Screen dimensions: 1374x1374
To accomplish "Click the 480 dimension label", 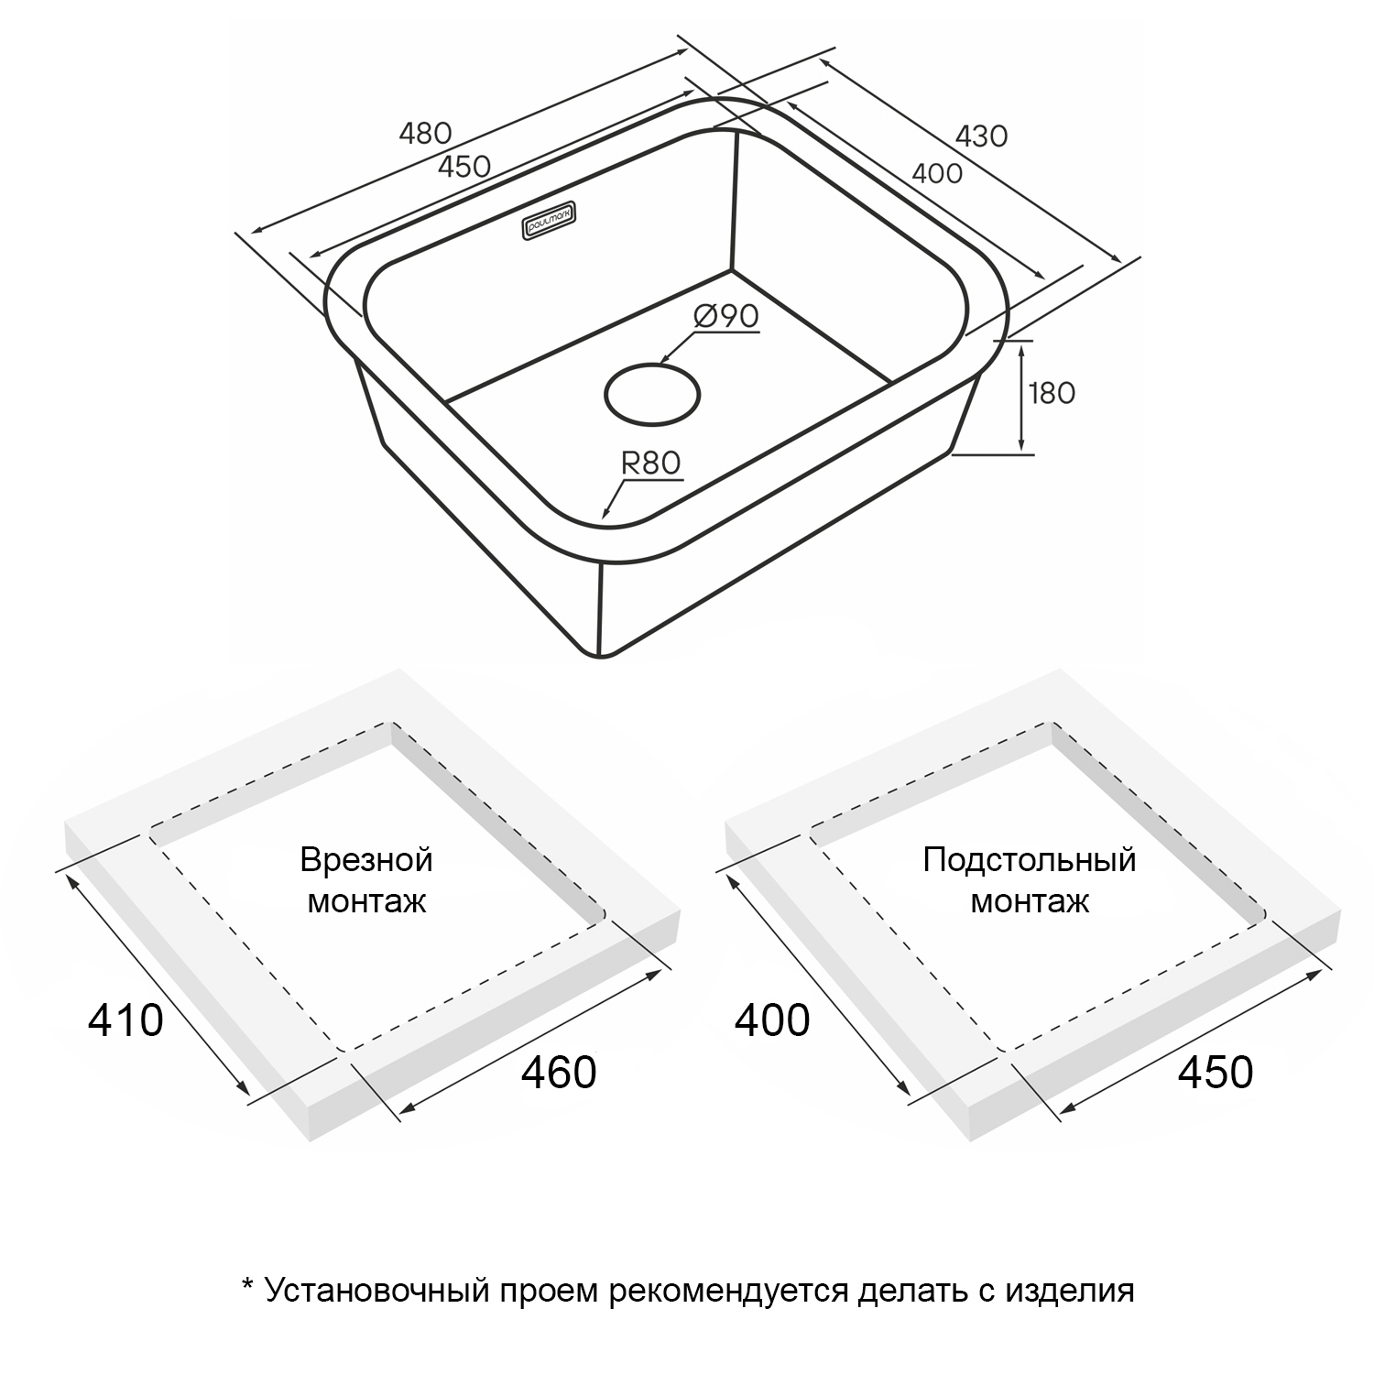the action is pyautogui.click(x=426, y=134).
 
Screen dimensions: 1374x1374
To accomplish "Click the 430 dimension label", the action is pyautogui.click(x=981, y=136).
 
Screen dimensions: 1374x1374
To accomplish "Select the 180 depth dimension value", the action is pyautogui.click(x=1052, y=393).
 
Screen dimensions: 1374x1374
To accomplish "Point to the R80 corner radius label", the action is pyautogui.click(x=651, y=463).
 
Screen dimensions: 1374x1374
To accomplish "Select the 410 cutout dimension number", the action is pyautogui.click(x=125, y=1020).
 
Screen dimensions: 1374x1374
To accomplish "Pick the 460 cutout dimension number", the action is pyautogui.click(x=559, y=1072).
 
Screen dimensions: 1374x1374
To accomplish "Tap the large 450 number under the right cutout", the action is pyautogui.click(x=1215, y=1072).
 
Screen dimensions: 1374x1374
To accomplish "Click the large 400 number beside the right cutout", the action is pyautogui.click(x=773, y=1020).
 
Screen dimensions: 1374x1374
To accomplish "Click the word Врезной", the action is pyautogui.click(x=366, y=861).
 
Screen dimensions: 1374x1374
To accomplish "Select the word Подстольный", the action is pyautogui.click(x=1030, y=861).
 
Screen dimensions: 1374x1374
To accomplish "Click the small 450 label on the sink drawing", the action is pyautogui.click(x=464, y=167).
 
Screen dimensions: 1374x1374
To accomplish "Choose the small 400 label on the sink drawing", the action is pyautogui.click(x=937, y=173).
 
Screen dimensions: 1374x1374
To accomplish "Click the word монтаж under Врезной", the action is pyautogui.click(x=366, y=902).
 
